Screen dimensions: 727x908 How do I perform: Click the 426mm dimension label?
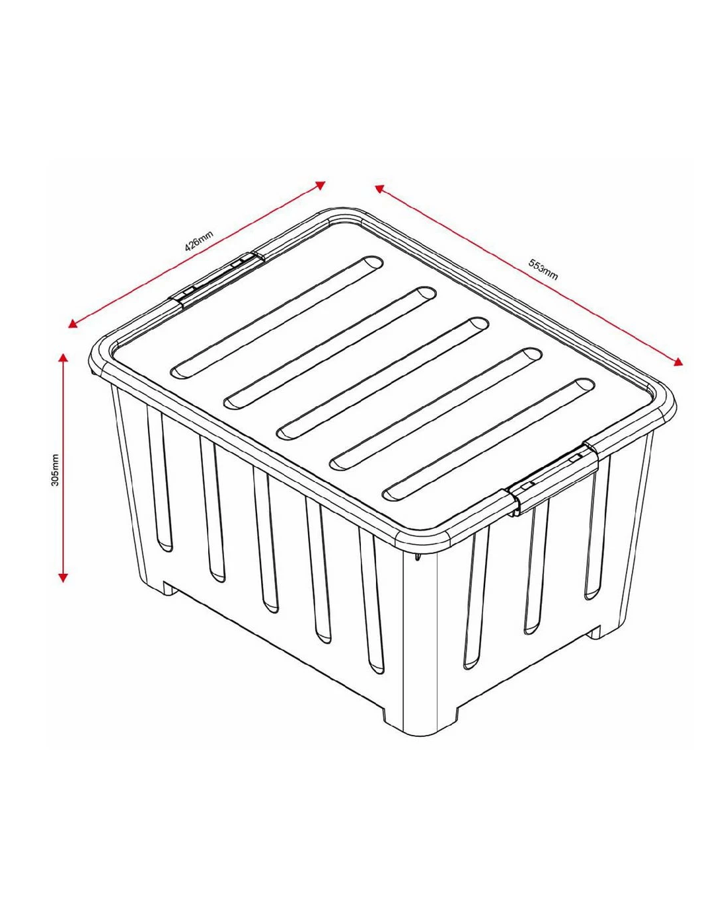(199, 241)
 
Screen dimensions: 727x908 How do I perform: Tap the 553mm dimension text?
(543, 269)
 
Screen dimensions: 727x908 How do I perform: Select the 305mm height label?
(55, 470)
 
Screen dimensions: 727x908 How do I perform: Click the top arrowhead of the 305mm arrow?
(63, 358)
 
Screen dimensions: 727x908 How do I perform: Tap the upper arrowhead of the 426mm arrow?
(321, 185)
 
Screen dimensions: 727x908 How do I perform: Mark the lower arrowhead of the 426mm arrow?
(73, 324)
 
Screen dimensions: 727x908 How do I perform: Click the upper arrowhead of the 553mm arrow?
(379, 188)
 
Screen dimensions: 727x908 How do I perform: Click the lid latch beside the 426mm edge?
(217, 279)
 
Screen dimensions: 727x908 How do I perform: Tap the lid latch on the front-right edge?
(553, 479)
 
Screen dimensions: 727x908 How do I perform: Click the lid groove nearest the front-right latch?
(488, 440)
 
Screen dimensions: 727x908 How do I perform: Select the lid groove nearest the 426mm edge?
(277, 316)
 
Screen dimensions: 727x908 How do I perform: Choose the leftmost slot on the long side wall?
(160, 480)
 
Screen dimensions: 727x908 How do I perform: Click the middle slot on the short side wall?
(535, 568)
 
